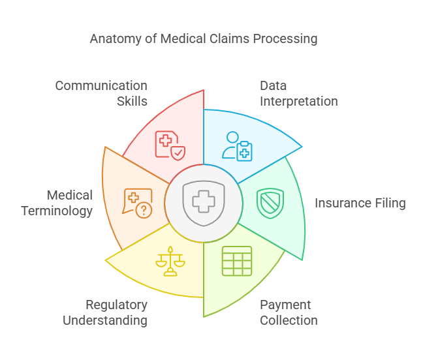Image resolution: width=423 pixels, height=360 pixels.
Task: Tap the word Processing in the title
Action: (285, 39)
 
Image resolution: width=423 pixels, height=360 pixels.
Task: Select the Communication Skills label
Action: (101, 93)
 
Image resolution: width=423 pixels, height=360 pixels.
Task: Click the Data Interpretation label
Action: (298, 93)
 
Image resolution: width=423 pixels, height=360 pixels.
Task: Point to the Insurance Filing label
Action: (360, 203)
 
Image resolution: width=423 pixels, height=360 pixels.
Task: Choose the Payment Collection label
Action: (289, 312)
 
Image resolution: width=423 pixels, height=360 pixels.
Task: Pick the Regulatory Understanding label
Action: (105, 312)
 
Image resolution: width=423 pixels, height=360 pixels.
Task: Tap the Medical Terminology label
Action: (57, 203)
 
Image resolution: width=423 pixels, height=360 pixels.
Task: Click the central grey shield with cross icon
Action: (204, 203)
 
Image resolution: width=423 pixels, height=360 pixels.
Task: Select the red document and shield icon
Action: (169, 145)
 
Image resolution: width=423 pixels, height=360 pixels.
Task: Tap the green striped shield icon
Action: (270, 203)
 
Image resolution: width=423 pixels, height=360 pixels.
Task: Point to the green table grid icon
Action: (236, 261)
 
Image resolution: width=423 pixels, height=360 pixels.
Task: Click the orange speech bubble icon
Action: (138, 203)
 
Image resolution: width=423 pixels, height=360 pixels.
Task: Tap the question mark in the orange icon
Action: (144, 210)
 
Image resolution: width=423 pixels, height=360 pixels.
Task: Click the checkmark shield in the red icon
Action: (178, 153)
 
